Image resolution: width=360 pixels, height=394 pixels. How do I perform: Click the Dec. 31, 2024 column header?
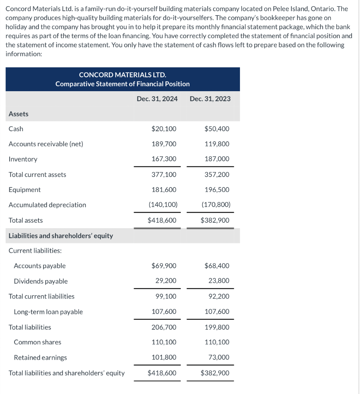coord(157,98)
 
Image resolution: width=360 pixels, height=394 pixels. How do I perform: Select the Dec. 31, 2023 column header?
coord(210,98)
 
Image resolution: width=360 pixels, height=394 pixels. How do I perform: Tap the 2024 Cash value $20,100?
coord(164,129)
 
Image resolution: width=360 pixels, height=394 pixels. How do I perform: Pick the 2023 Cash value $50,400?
coord(217,129)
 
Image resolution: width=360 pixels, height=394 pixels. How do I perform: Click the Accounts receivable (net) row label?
coord(46,144)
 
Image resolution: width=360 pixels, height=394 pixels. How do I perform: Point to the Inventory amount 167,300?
coord(164,159)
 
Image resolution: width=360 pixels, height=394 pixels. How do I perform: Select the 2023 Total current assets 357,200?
coord(217,174)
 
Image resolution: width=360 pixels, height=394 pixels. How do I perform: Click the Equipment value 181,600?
coord(164,190)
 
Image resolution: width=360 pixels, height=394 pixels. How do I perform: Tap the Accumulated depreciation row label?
coord(47,205)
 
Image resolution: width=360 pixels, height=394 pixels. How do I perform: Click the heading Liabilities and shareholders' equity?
coord(61,235)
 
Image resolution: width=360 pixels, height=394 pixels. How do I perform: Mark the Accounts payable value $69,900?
coord(164,265)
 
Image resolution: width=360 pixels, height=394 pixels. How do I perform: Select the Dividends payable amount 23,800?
coord(219,281)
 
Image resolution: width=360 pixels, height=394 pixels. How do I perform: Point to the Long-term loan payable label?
coord(48,312)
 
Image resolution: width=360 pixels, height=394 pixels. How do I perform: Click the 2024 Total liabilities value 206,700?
coord(164,327)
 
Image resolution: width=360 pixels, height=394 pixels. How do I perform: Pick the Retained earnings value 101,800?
coord(164,357)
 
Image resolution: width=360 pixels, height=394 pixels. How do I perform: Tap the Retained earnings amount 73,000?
coord(219,357)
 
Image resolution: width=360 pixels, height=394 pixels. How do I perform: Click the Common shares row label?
coord(37,342)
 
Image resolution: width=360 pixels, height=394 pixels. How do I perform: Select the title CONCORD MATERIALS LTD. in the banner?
coord(122,74)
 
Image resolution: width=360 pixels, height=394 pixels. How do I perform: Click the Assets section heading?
coord(18,114)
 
